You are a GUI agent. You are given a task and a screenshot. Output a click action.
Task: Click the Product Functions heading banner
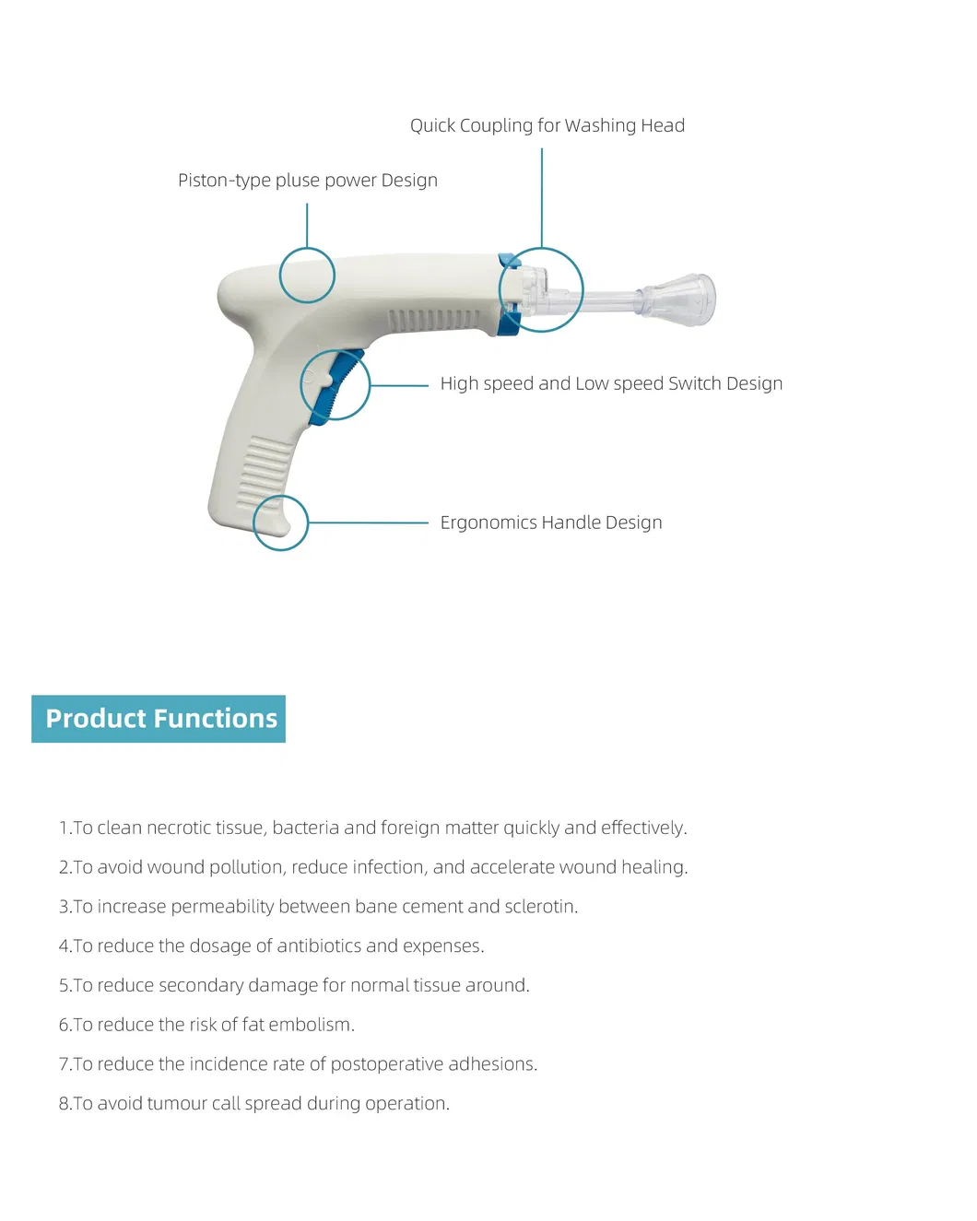159,719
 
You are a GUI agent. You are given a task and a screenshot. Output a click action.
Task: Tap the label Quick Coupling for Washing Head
547,125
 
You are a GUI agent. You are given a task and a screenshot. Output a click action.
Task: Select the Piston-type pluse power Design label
307,181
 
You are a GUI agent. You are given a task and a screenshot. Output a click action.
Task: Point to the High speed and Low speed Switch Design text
610,383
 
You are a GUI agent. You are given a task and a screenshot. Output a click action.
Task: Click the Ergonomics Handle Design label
550,522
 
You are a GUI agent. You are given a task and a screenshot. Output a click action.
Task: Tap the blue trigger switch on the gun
335,386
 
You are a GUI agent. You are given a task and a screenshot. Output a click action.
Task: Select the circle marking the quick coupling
541,289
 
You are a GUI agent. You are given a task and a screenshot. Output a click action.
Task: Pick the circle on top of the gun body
307,275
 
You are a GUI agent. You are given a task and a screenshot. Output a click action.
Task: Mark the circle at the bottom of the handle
280,522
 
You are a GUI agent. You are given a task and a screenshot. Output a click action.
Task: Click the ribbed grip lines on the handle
265,473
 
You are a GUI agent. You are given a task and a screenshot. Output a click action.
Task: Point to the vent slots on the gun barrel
433,320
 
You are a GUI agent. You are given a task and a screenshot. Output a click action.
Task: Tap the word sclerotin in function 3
538,907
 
